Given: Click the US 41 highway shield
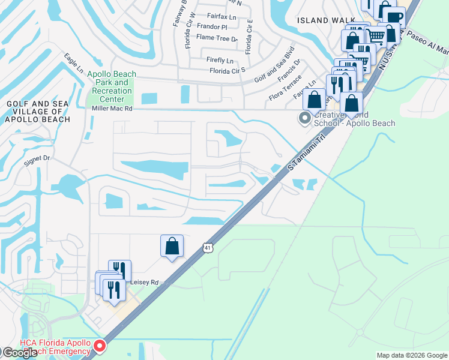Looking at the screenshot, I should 207,247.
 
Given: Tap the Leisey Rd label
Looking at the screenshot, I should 145,282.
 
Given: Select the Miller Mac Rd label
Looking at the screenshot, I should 112,109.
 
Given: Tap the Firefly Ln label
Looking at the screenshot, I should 219,60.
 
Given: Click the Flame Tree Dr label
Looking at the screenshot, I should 217,38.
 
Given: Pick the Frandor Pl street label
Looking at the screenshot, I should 215,27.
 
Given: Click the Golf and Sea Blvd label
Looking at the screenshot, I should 274,65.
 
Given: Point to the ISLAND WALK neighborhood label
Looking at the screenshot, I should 322,20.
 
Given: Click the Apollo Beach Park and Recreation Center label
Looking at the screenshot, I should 112,86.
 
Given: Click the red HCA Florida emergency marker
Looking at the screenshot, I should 100,346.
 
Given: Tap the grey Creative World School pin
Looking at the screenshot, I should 305,118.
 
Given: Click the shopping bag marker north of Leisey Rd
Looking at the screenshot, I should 172,246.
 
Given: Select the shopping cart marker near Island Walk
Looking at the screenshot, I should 376,36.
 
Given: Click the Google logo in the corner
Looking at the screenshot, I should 20,353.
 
